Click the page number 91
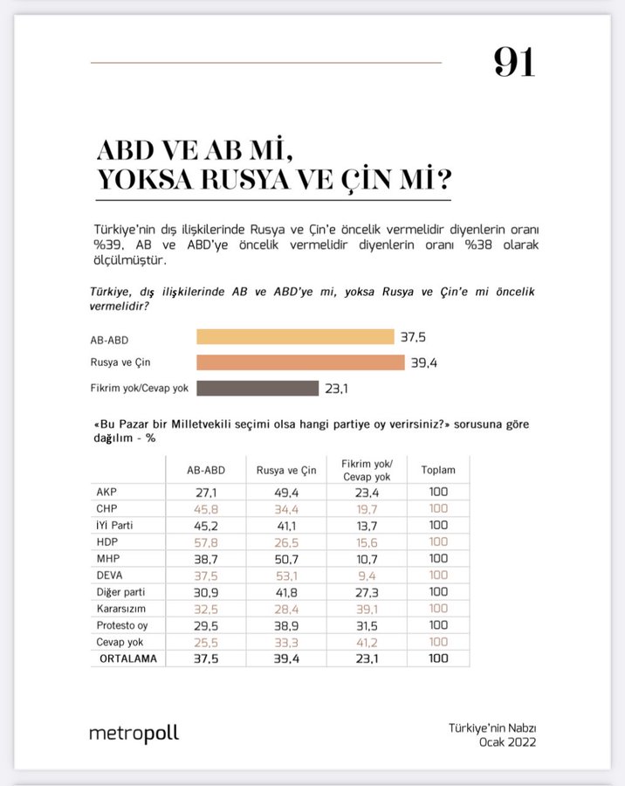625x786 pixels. (514, 61)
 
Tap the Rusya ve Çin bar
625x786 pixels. (300, 362)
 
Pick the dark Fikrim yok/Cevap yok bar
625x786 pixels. (258, 388)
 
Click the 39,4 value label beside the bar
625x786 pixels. (422, 362)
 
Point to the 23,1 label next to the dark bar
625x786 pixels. (337, 389)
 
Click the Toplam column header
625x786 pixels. (438, 470)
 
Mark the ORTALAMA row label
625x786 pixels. (127, 658)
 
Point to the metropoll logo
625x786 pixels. (134, 734)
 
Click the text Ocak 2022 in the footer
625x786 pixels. (506, 742)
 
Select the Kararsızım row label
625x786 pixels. (121, 609)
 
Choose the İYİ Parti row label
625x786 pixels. (120, 525)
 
